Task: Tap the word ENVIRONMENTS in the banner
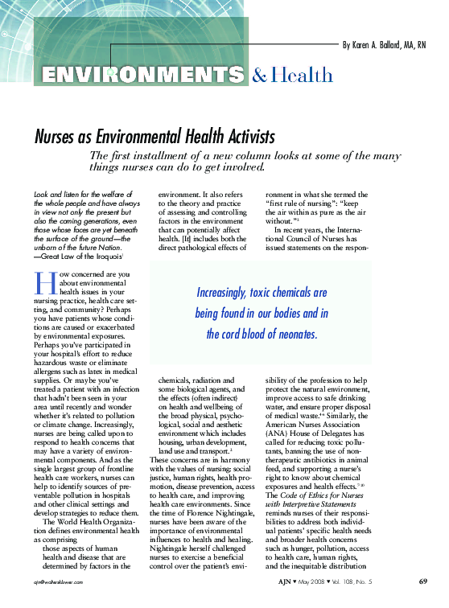[142, 76]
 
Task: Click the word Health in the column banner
[302, 76]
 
